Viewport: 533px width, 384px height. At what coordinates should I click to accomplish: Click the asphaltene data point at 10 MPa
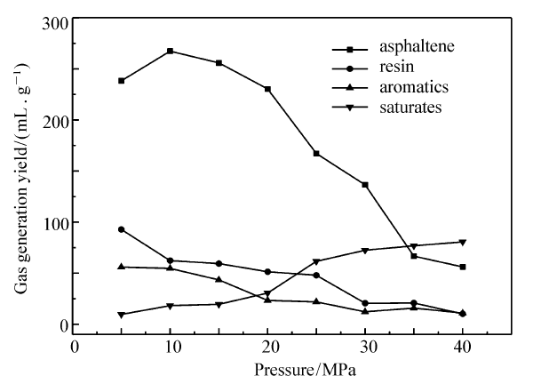169,51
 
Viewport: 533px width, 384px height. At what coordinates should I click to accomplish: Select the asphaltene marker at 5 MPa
122,81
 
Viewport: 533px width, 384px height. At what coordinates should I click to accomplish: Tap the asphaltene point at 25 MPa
315,154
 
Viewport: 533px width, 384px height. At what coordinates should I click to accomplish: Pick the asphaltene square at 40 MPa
462,267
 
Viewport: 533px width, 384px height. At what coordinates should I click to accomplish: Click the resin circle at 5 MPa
122,229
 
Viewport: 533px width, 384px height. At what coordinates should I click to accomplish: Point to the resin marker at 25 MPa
315,275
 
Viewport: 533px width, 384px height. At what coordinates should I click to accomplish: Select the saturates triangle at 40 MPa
462,242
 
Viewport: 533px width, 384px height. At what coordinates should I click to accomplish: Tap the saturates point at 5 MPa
122,315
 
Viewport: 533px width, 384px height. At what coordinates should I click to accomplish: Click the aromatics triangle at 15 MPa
219,279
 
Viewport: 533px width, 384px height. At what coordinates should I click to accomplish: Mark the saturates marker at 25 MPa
315,261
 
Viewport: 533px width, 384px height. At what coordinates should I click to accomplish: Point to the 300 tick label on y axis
57,19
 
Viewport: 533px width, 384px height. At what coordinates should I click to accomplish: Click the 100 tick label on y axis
57,222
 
